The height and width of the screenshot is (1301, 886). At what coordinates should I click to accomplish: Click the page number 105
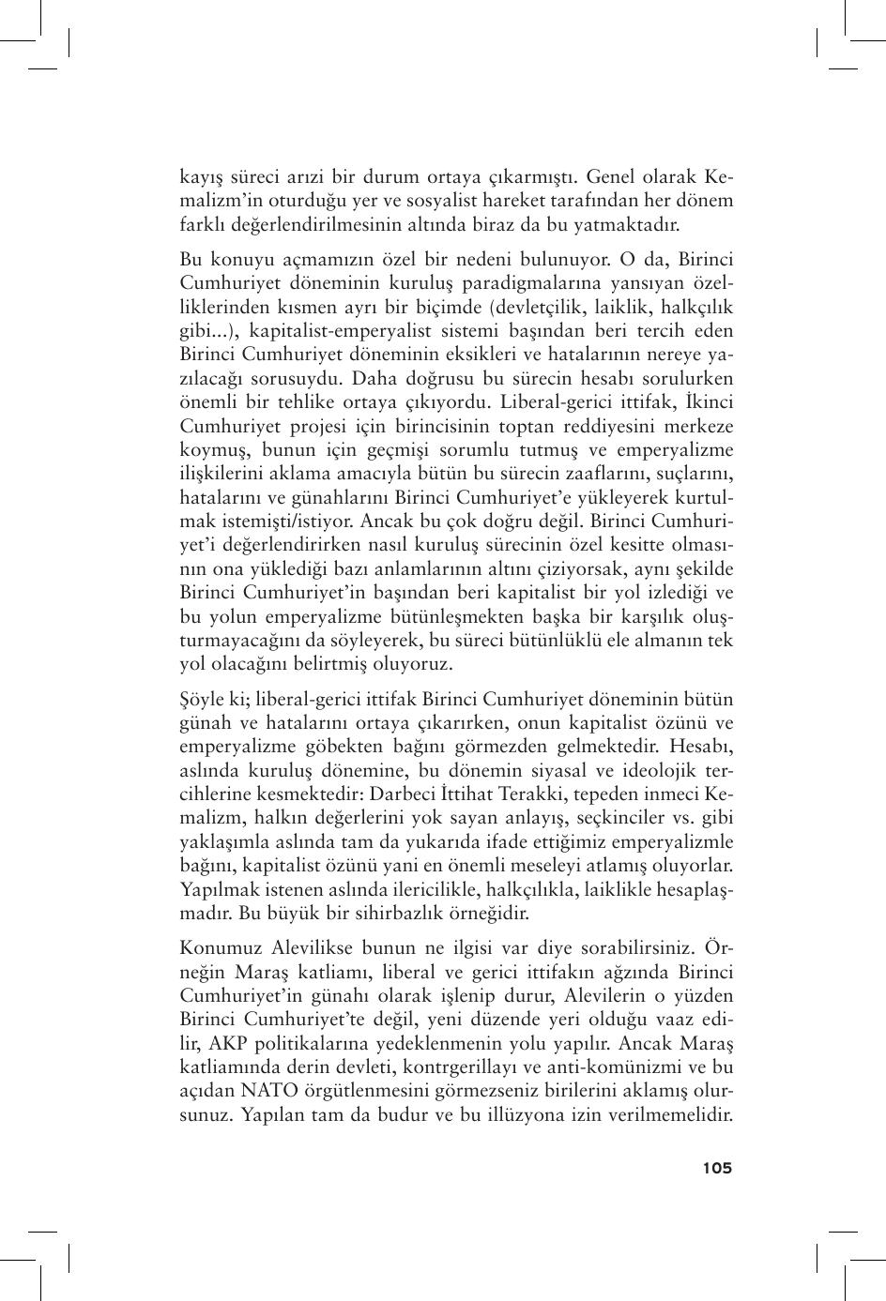(716, 1168)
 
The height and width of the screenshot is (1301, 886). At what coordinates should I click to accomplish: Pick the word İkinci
(708, 402)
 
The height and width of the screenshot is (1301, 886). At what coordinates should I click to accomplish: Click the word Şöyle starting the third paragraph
(204, 700)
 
